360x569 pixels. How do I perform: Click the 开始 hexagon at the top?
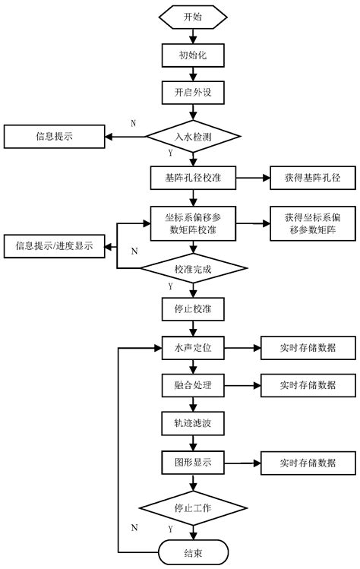[x=193, y=16]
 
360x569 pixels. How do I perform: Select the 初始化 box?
[x=193, y=54]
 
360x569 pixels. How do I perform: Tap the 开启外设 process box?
[x=193, y=92]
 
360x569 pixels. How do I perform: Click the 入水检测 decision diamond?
[x=193, y=137]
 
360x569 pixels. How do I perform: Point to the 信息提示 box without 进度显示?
[x=55, y=138]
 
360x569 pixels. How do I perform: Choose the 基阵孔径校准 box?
[x=193, y=178]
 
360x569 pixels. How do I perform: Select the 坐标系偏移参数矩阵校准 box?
[x=193, y=224]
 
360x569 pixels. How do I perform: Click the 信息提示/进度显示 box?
[x=55, y=247]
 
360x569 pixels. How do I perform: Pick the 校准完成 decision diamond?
[x=193, y=268]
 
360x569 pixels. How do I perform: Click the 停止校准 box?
[x=193, y=309]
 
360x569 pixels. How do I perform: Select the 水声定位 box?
[x=193, y=348]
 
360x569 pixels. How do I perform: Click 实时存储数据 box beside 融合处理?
[x=308, y=385]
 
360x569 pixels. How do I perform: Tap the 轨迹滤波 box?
[x=193, y=422]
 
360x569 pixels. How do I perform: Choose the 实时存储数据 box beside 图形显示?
[x=308, y=461]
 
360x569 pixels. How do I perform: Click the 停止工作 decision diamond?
[x=193, y=508]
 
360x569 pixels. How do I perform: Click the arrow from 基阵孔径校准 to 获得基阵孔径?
[x=244, y=178]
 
